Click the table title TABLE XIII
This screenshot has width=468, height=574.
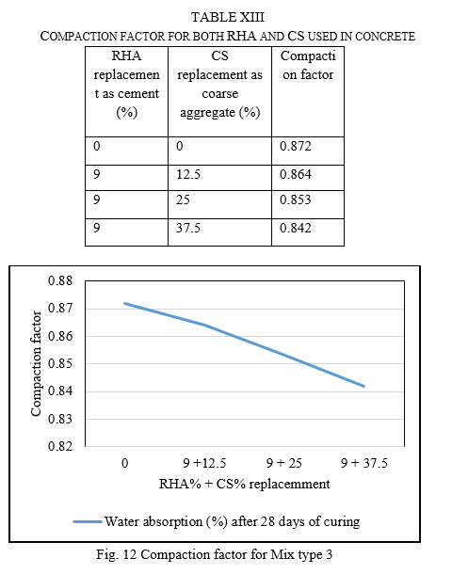click(228, 17)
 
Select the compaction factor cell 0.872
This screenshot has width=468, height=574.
click(295, 146)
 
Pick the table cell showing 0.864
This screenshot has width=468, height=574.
click(295, 174)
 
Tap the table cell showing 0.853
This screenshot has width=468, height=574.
click(295, 199)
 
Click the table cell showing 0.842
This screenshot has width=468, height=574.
click(295, 228)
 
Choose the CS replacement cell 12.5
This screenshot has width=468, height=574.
click(188, 174)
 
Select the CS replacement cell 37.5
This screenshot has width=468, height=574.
click(188, 228)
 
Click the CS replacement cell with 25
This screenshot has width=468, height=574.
click(183, 199)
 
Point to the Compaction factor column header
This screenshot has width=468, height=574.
click(308, 65)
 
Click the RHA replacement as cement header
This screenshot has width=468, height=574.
click(127, 84)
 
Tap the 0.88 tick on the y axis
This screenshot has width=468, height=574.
click(60, 280)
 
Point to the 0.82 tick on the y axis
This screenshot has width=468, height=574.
click(60, 446)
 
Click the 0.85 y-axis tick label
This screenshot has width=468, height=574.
click(60, 363)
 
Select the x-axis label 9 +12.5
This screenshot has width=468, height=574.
click(204, 463)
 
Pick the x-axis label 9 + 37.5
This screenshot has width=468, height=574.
click(364, 463)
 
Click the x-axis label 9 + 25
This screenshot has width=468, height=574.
click(284, 463)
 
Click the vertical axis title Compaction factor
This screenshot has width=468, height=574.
click(36, 363)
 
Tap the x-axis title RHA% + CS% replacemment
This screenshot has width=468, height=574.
click(244, 484)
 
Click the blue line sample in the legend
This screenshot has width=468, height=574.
click(88, 521)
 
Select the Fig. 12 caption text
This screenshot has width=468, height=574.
click(215, 554)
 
